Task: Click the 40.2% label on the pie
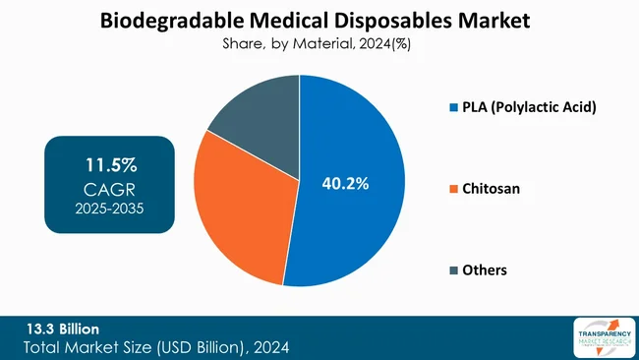coord(346,183)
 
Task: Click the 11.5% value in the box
coord(109,163)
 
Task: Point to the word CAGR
coord(109,187)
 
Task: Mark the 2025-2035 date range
coord(109,209)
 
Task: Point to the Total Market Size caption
coord(157,346)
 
